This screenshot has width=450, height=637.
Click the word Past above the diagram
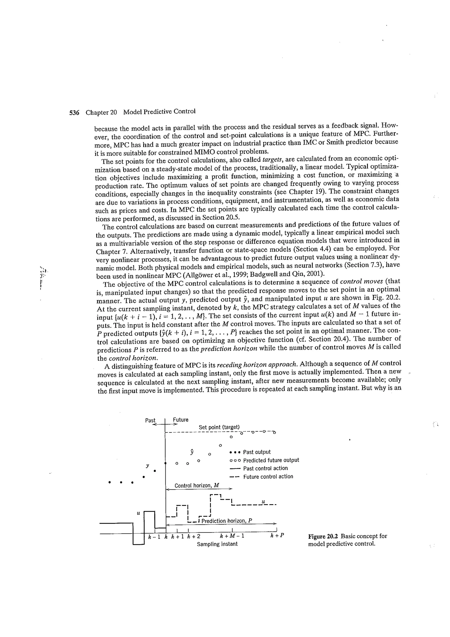tap(150, 420)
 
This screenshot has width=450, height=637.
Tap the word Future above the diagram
tap(180, 420)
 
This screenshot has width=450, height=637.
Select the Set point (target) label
tap(219, 427)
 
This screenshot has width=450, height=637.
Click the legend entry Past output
tap(256, 452)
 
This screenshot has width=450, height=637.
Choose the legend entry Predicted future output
tap(271, 460)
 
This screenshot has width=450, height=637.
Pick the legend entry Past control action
tap(265, 468)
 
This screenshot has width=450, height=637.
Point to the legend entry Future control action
tap(268, 477)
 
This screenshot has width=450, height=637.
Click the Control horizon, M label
tap(197, 486)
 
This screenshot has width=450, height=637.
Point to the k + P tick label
tap(277, 535)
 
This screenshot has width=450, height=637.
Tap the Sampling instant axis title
tap(217, 544)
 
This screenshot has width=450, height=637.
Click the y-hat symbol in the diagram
tap(192, 452)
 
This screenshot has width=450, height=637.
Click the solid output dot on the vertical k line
tap(165, 463)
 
